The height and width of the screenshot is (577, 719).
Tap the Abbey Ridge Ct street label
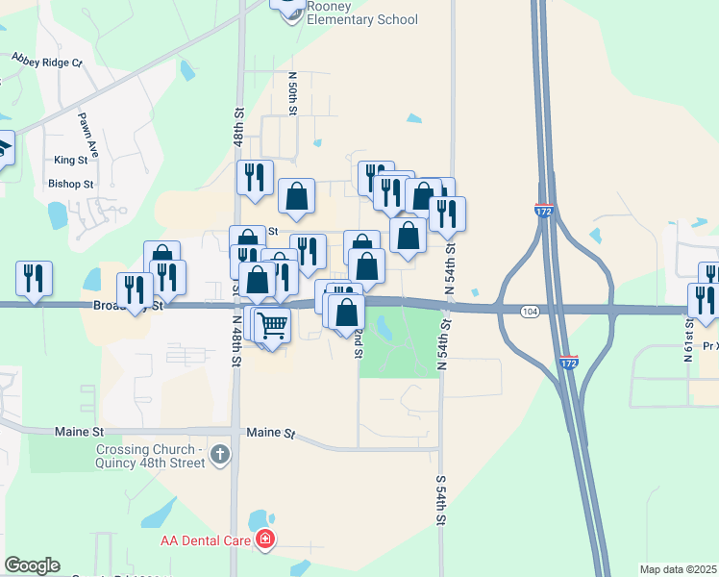[47, 61]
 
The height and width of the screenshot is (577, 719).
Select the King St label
[71, 160]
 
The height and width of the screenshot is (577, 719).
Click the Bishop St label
[71, 183]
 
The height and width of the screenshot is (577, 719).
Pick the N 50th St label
[293, 90]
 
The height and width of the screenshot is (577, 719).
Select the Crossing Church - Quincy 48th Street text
[150, 456]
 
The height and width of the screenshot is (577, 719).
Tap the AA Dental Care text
[207, 541]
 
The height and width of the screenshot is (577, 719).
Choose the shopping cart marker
[273, 326]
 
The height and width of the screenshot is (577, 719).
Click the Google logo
[32, 565]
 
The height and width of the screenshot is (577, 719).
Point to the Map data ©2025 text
[678, 569]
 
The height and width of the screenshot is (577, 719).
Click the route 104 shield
[530, 312]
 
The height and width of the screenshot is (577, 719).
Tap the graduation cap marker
[3, 150]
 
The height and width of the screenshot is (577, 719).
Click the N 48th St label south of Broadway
[236, 338]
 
